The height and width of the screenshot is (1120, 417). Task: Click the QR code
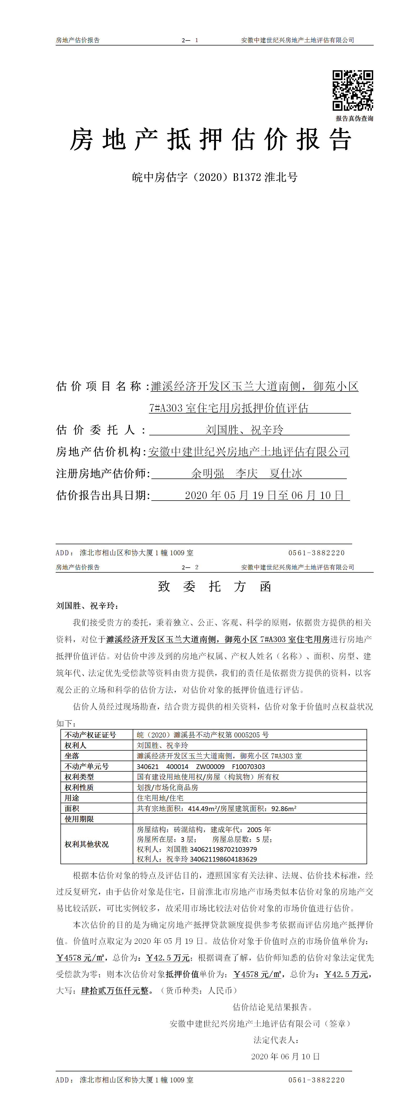coord(352,90)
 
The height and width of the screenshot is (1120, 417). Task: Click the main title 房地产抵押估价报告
coord(211,140)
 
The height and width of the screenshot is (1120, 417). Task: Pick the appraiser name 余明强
coord(208,474)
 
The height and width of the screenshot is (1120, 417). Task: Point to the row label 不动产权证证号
coord(90,735)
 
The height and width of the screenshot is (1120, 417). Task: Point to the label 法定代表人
coord(275,1040)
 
